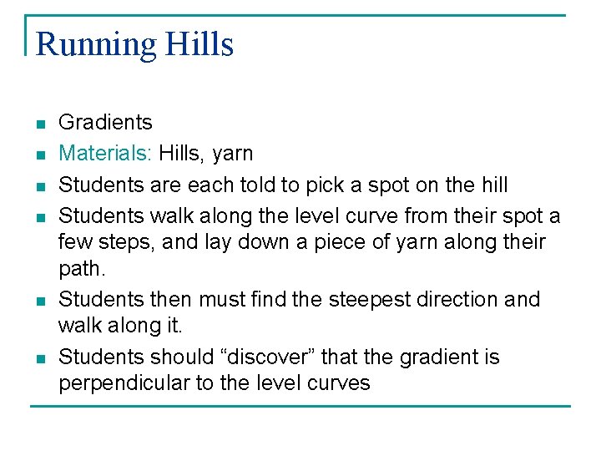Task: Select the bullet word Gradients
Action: [x=105, y=122]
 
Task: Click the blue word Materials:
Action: [x=105, y=153]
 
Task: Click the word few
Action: [x=73, y=242]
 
